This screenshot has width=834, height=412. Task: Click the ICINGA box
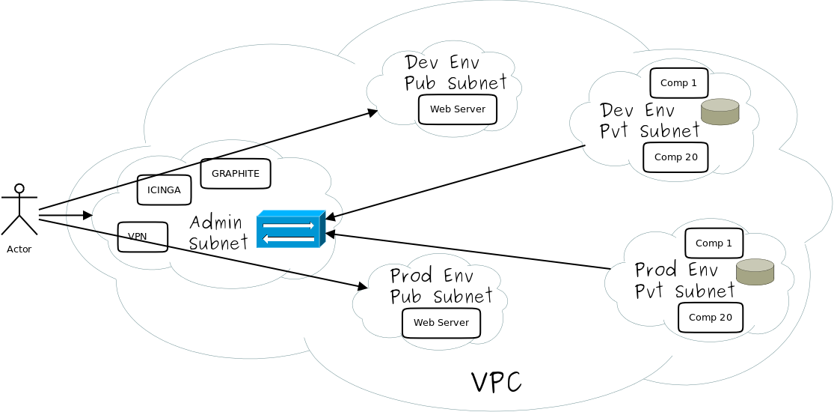click(x=164, y=190)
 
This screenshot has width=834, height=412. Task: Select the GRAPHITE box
click(x=235, y=174)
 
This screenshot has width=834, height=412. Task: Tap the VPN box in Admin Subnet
click(x=142, y=237)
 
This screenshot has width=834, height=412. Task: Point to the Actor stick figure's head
click(x=19, y=188)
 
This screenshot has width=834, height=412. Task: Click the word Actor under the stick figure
click(x=19, y=249)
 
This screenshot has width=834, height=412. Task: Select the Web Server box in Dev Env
click(x=457, y=109)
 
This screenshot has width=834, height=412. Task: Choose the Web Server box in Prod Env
click(x=441, y=323)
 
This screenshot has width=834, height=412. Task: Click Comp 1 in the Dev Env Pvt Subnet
click(x=678, y=83)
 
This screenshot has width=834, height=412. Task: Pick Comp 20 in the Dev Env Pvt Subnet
click(x=675, y=157)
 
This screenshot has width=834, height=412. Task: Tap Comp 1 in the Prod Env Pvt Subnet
click(x=714, y=243)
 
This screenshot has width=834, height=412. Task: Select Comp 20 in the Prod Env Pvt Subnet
click(x=710, y=318)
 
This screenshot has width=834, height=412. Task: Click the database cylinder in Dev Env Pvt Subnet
click(x=720, y=112)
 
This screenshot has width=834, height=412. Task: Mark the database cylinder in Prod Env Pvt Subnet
click(x=755, y=272)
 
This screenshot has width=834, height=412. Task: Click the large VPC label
click(x=496, y=382)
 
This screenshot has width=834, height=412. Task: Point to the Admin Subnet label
click(x=218, y=232)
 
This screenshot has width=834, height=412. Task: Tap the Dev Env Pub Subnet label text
click(x=455, y=73)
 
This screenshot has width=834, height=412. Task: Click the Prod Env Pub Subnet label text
click(x=441, y=286)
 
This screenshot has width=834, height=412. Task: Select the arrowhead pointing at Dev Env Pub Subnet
click(x=373, y=112)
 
